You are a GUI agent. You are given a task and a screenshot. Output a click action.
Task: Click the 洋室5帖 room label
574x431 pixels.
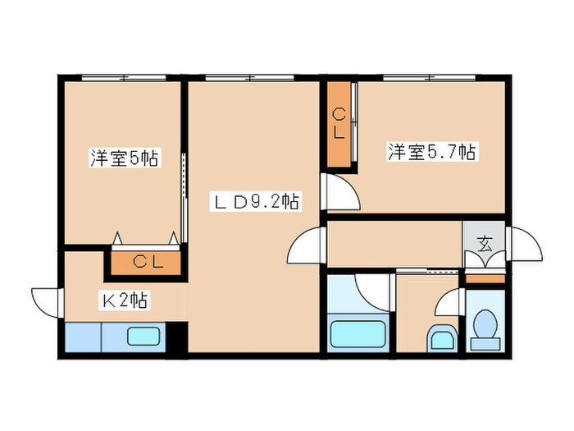[x=125, y=158]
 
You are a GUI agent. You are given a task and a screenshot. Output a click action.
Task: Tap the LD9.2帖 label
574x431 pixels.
[x=257, y=201]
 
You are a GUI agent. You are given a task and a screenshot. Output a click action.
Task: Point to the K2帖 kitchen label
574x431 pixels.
[x=125, y=300]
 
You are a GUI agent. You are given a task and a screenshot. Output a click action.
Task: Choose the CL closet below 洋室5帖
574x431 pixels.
[x=148, y=263]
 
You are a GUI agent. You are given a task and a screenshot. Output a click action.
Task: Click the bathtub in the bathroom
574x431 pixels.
[x=358, y=335]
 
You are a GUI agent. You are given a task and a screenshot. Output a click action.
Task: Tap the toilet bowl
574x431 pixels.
[x=485, y=326]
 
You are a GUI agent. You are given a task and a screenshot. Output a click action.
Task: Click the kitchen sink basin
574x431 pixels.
[x=144, y=337]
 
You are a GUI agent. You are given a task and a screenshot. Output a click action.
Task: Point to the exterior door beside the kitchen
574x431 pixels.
[x=46, y=301]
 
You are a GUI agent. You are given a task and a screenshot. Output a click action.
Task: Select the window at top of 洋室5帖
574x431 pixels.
[x=124, y=77]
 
